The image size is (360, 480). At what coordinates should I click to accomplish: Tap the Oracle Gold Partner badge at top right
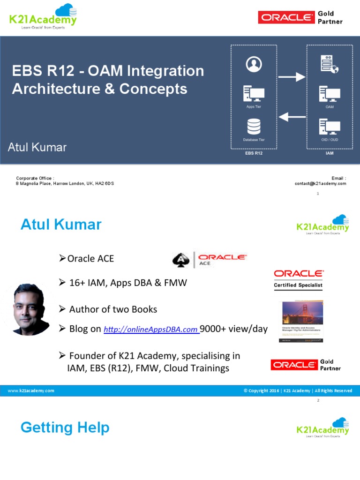300,18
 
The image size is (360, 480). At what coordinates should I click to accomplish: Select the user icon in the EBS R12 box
254,64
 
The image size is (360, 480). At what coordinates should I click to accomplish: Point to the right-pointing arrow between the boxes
292,77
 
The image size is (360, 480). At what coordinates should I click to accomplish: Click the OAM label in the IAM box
330,107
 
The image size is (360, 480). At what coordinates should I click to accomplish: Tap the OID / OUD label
330,140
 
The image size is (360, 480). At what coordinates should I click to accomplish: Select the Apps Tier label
254,107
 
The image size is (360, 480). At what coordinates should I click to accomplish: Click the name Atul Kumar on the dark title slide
37,147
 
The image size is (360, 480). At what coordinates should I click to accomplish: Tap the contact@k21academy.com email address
320,184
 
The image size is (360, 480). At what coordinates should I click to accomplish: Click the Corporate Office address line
65,184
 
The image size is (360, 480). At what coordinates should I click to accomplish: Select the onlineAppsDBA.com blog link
150,330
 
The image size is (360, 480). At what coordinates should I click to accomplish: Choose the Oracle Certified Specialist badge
298,279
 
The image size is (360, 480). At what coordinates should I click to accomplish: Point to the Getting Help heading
65,427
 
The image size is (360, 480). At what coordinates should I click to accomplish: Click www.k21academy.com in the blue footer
31,390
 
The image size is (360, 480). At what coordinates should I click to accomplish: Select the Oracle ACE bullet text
90,259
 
